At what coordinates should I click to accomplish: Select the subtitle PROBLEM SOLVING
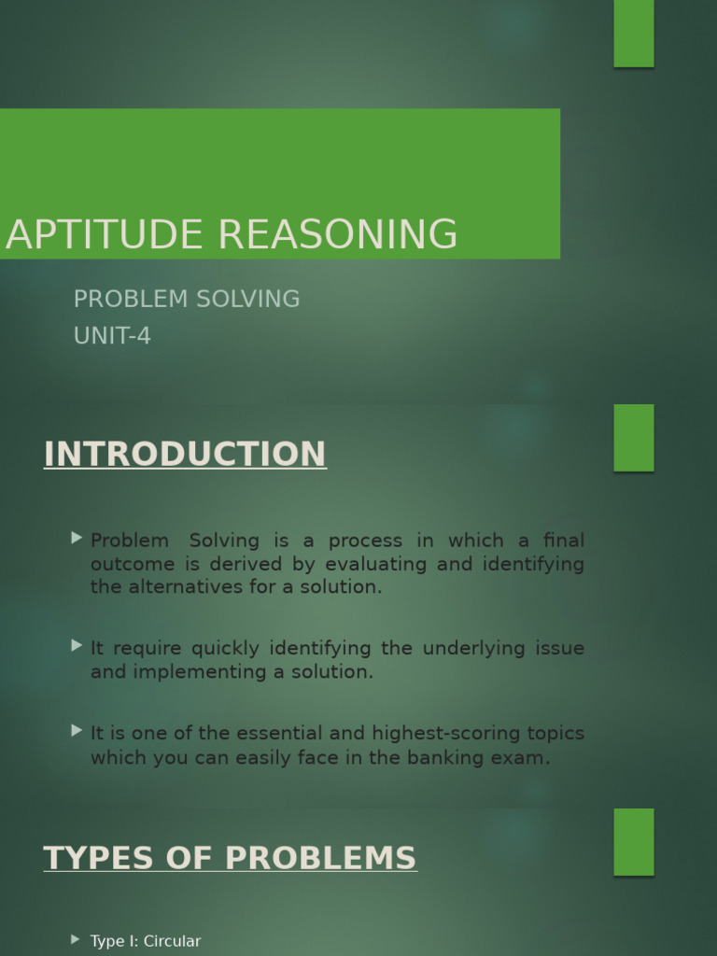tap(187, 300)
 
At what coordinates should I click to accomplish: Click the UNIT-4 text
tap(112, 336)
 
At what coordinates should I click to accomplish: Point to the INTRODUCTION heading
tap(185, 455)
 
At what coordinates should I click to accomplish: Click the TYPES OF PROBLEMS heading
tap(230, 858)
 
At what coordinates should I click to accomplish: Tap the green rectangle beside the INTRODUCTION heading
tap(634, 438)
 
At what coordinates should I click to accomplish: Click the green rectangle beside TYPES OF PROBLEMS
tap(634, 842)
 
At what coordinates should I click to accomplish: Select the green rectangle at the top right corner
tap(634, 34)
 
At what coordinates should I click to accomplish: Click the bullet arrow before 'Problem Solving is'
tap(77, 538)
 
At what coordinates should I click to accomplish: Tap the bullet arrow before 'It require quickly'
tap(77, 645)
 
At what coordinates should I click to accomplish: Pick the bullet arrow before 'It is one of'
tap(77, 731)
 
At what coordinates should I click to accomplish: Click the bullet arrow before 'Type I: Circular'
tap(77, 939)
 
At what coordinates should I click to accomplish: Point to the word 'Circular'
tap(172, 941)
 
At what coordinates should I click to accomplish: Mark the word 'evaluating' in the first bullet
tap(373, 564)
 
